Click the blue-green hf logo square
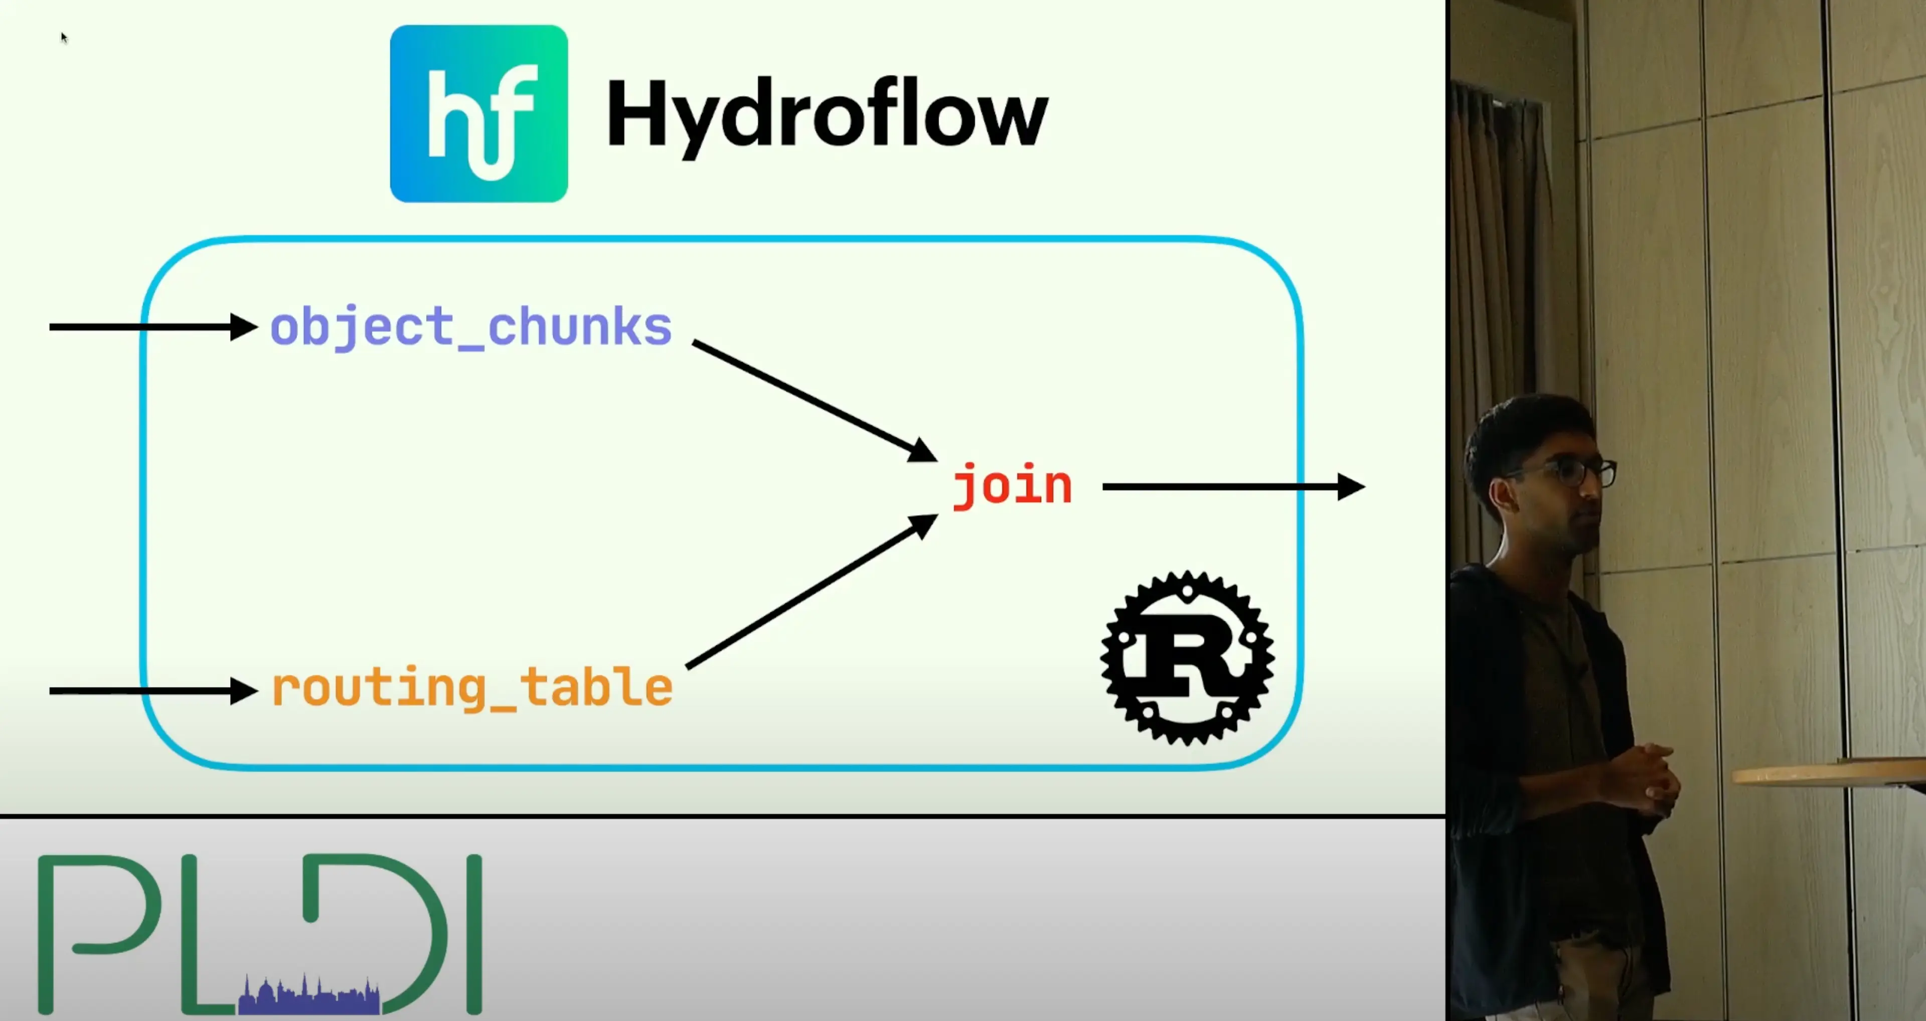point(478,114)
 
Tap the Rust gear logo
point(1187,658)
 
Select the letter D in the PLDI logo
point(389,927)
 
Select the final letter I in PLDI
point(474,934)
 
